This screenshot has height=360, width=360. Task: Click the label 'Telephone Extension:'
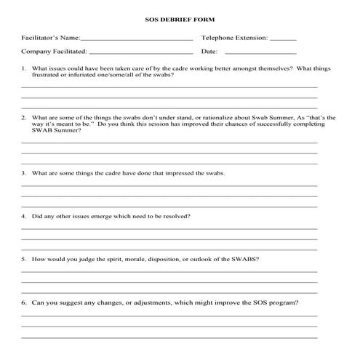234,37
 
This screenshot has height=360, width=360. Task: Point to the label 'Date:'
209,52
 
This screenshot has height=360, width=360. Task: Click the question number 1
24,68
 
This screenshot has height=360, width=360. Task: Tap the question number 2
24,117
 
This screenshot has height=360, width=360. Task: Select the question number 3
24,173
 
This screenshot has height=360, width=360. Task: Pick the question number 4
24,216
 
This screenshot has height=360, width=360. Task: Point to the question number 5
24,259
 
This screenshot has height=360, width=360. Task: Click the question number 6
24,302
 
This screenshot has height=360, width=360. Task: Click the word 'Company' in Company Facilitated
36,52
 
